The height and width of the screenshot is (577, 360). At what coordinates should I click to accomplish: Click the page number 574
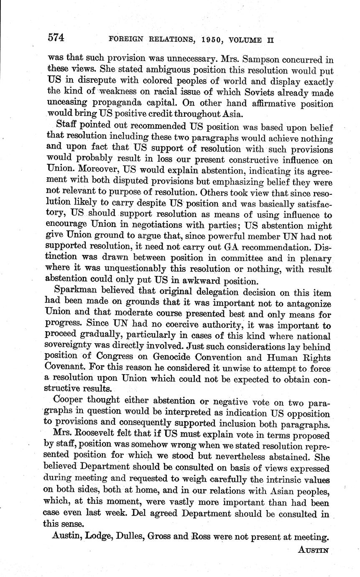click(x=56, y=38)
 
